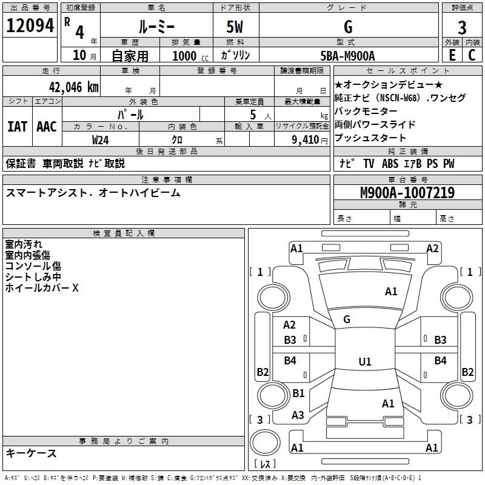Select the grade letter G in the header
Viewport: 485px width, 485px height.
point(347,27)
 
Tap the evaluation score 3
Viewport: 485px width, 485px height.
point(462,27)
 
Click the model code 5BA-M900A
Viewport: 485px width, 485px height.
point(347,56)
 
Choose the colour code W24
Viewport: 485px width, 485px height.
point(101,139)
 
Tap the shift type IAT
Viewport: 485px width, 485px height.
point(17,127)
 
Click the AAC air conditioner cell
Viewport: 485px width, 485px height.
point(46,127)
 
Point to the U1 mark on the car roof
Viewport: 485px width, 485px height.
point(364,361)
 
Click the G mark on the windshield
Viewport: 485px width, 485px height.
point(347,319)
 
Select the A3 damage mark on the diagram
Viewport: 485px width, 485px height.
point(298,415)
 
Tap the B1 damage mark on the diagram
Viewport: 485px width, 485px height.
point(298,393)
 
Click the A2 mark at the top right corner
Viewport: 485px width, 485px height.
point(432,248)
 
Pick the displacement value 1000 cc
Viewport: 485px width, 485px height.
point(188,56)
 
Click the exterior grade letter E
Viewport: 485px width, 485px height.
point(452,55)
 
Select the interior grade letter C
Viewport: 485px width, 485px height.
point(472,55)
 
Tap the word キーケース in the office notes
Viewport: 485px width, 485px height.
point(31,453)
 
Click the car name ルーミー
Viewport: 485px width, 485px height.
point(156,27)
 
